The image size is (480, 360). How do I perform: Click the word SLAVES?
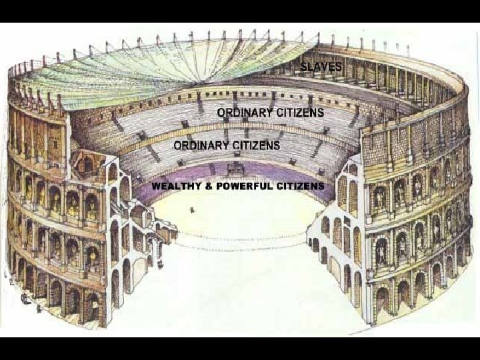coord(321,67)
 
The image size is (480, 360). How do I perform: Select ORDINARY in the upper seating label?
coord(244,113)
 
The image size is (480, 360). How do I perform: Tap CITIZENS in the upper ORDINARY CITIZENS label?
coord(299,113)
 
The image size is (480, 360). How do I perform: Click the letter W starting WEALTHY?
coord(156,186)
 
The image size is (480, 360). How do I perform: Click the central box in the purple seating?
coord(235,171)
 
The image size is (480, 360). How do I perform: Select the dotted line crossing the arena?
coord(240,237)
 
